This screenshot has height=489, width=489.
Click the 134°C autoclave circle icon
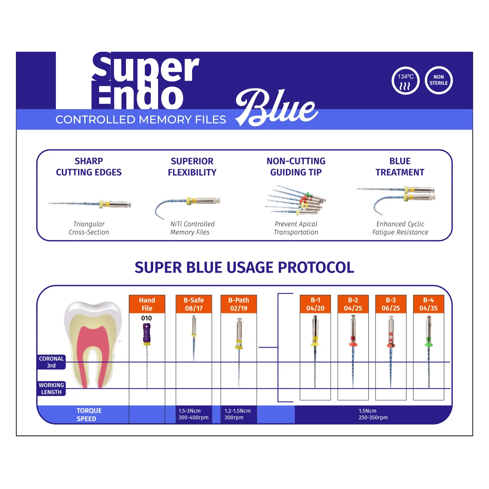[405, 81]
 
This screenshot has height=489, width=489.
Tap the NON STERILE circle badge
[438, 81]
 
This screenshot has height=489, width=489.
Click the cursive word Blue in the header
[277, 108]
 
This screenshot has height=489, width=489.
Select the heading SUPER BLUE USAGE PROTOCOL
[244, 268]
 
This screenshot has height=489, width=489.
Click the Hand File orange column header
[147, 304]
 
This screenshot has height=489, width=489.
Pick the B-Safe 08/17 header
[194, 304]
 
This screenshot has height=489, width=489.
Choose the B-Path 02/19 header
[238, 304]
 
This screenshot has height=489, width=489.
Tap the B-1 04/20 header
[315, 304]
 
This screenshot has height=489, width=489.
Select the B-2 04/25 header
[353, 304]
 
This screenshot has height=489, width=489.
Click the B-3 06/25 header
[391, 304]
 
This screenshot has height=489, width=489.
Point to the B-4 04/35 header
[428, 304]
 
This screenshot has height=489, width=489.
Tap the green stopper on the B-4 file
[428, 344]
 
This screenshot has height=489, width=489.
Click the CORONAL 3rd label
[51, 362]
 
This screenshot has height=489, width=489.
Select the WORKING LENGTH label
[51, 388]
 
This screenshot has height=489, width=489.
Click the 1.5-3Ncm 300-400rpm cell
[194, 414]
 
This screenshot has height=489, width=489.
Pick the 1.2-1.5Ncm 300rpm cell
[238, 414]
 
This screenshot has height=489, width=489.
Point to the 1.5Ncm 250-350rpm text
[373, 414]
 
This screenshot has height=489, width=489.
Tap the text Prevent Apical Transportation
[296, 228]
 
